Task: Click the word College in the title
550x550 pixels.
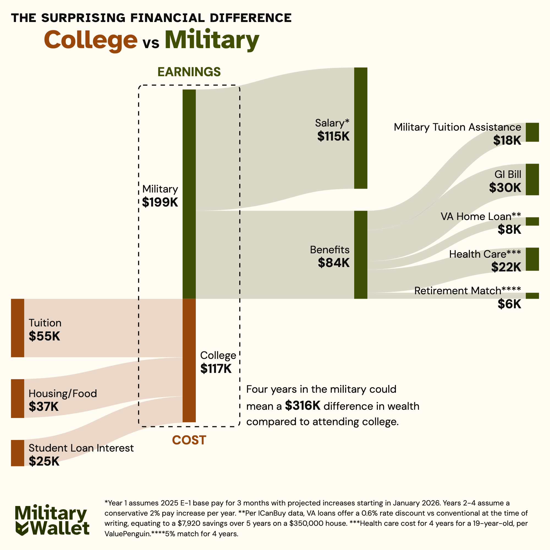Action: click(x=90, y=40)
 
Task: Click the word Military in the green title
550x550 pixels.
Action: click(x=212, y=40)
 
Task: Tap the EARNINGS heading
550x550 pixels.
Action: click(x=189, y=72)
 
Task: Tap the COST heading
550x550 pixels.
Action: click(x=189, y=440)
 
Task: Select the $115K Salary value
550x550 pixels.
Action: click(x=333, y=136)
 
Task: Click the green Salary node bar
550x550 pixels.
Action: click(x=361, y=128)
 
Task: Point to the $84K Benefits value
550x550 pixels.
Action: click(x=334, y=263)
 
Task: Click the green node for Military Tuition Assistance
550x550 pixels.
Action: click(x=532, y=132)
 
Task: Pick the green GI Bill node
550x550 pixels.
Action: click(x=532, y=179)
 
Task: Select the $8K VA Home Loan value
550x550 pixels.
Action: click(x=509, y=229)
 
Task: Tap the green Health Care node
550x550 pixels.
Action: click(x=532, y=259)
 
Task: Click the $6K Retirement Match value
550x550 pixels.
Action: click(x=509, y=304)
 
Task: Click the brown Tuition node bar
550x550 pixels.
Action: click(x=18, y=328)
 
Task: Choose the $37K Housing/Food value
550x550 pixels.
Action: click(x=43, y=407)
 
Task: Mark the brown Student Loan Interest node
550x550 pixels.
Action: click(x=18, y=453)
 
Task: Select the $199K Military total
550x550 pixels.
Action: click(x=160, y=202)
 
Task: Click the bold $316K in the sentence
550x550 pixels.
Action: click(x=302, y=406)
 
